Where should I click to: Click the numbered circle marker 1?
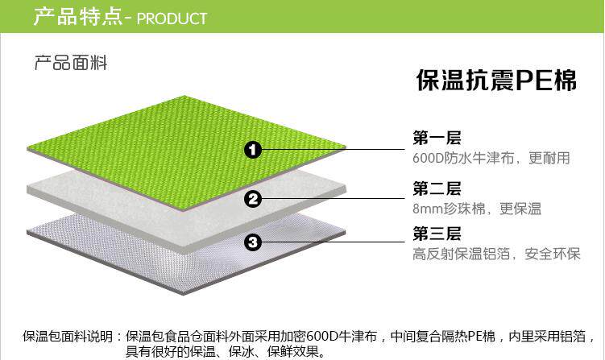[x=253, y=150]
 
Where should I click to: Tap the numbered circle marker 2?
[x=253, y=199]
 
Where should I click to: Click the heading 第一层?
[x=437, y=138]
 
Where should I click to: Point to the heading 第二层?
[x=437, y=188]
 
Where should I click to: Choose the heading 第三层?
[x=437, y=234]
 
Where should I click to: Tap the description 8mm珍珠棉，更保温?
[x=477, y=209]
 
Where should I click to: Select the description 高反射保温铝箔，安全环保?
[x=496, y=254]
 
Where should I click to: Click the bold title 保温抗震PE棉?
[x=497, y=80]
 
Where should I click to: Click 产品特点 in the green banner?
[x=77, y=17]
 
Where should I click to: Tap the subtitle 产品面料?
[x=71, y=63]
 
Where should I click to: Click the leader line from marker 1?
[x=330, y=150]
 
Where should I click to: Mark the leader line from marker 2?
[x=330, y=199]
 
